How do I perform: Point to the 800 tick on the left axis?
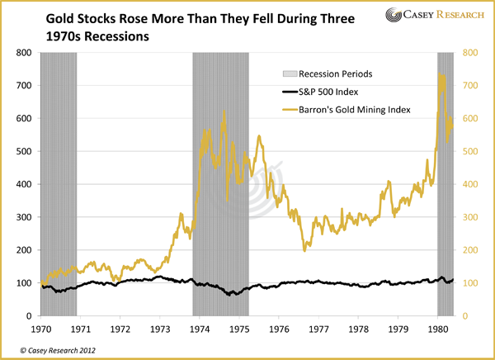point(23,53)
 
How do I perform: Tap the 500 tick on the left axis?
point(23,151)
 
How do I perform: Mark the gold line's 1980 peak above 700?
point(441,75)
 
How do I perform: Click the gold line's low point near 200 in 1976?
point(304,249)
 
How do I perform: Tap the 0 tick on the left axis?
point(30,316)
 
